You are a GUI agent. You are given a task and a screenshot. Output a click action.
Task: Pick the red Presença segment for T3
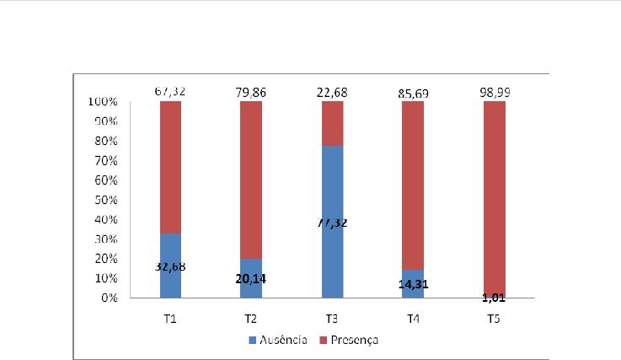click(x=333, y=123)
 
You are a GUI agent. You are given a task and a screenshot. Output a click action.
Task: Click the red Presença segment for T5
click(x=495, y=194)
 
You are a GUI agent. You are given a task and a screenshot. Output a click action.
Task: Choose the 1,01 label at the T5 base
click(x=495, y=297)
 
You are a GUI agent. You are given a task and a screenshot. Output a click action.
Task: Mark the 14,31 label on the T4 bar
click(x=414, y=284)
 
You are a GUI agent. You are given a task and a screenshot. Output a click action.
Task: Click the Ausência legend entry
click(x=276, y=341)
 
